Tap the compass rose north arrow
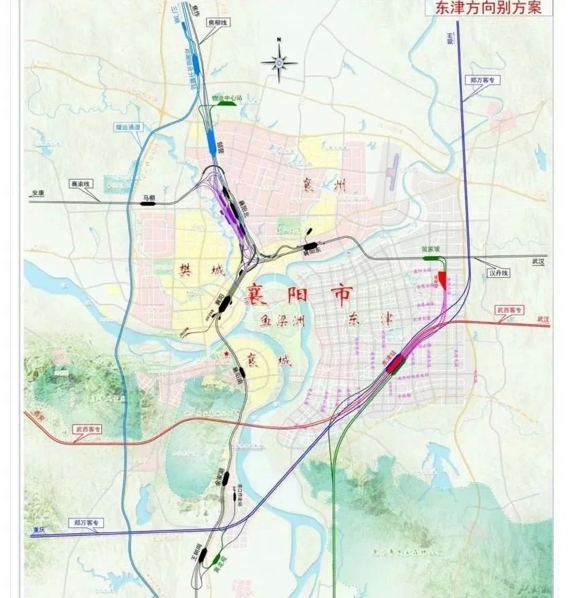coord(279,63)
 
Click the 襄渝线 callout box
coord(81,183)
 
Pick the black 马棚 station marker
coord(148,203)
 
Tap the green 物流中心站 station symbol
coord(226,105)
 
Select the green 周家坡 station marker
coord(430,258)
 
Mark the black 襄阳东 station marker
coord(310,245)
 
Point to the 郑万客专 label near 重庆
coord(87,523)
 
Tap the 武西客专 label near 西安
coord(88,429)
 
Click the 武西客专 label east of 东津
coord(510,310)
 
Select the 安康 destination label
coord(37,193)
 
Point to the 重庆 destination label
coord(37,529)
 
